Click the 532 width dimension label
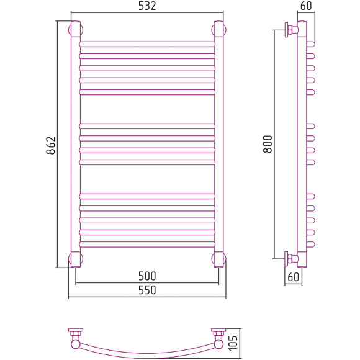(147, 6)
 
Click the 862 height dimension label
(51, 145)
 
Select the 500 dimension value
(147, 276)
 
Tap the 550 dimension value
(147, 290)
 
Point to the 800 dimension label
(268, 144)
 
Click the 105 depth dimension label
(233, 343)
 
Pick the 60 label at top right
(306, 6)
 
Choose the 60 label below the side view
(293, 277)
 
